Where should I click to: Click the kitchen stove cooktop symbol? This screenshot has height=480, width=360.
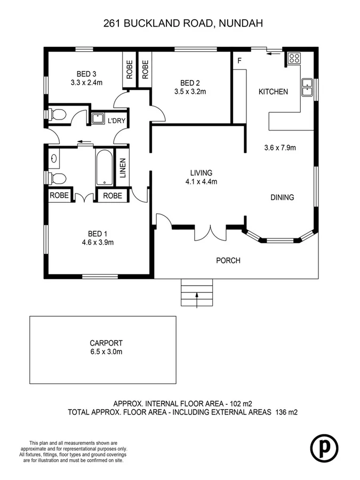pos(294,59)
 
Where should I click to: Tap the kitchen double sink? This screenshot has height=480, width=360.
pos(307,87)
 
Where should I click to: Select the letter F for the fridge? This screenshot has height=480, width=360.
pos(239,61)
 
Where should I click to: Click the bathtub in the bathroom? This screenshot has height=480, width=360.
pos(104,167)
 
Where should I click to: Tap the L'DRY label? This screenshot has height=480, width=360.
pos(116,121)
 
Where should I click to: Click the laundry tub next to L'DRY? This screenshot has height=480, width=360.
pos(98,118)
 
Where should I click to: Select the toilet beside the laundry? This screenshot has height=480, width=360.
pos(58,114)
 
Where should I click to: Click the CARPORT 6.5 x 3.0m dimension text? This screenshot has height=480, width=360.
pos(107,352)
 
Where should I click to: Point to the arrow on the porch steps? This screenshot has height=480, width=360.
pos(197,298)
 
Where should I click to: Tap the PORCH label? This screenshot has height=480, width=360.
pos(228,261)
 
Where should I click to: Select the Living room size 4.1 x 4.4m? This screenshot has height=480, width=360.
pos(201,181)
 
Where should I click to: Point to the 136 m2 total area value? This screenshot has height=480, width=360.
pos(285,412)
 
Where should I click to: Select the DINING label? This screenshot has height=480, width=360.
pos(282,197)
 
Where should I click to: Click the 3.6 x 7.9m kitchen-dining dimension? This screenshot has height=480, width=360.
pos(280,147)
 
